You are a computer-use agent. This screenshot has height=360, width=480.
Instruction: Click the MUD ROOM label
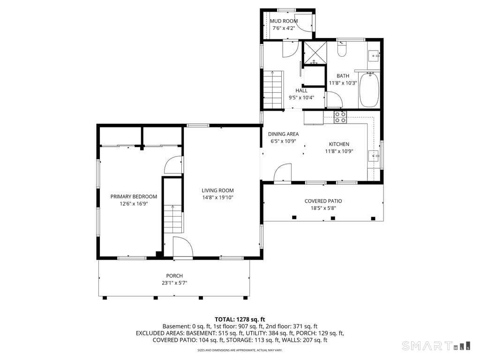pyautogui.click(x=284, y=21)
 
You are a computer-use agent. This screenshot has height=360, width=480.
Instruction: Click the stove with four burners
pyautogui.click(x=340, y=117)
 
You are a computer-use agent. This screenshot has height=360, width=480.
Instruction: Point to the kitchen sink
pyautogui.click(x=374, y=156)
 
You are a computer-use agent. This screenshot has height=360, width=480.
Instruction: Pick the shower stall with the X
pyautogui.click(x=315, y=52)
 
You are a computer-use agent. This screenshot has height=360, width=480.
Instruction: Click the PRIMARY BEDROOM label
pyautogui.click(x=134, y=196)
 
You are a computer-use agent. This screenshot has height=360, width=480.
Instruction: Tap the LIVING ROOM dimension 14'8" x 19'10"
pyautogui.click(x=217, y=197)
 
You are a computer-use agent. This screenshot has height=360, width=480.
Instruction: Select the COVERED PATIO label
pyautogui.click(x=323, y=201)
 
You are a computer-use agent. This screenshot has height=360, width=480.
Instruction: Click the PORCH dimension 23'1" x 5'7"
pyautogui.click(x=174, y=283)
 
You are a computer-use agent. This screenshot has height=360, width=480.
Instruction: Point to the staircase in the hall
pyautogui.click(x=273, y=90)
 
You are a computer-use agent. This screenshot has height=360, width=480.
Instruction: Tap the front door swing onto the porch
pyautogui.click(x=183, y=247)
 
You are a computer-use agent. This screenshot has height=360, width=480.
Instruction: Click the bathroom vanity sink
pyautogui.click(x=374, y=56)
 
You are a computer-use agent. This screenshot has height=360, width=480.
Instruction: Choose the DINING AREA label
pyautogui.click(x=283, y=134)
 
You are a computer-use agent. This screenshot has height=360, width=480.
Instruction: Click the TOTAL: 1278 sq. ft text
pyautogui.click(x=240, y=320)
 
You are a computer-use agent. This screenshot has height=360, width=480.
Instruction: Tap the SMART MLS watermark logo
pyautogui.click(x=436, y=345)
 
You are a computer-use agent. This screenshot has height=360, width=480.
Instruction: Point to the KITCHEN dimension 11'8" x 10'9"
pyautogui.click(x=339, y=151)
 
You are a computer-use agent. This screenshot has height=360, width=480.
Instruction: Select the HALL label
pyautogui.click(x=301, y=90)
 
